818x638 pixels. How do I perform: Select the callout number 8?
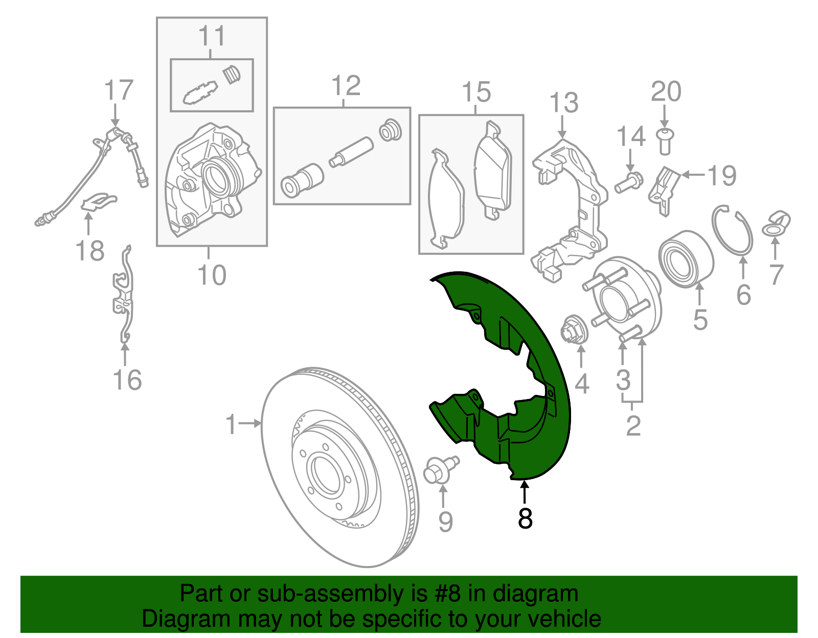click(x=525, y=518)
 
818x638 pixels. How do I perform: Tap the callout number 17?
click(x=119, y=90)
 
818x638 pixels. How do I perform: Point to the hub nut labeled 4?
click(x=576, y=330)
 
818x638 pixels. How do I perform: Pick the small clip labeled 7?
click(x=776, y=225)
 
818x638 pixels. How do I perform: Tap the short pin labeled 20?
click(x=664, y=141)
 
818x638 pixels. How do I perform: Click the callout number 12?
click(x=346, y=86)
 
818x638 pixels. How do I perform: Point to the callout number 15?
click(x=476, y=92)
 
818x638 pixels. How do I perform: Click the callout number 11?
click(x=212, y=36)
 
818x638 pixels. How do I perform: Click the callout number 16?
click(x=127, y=380)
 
